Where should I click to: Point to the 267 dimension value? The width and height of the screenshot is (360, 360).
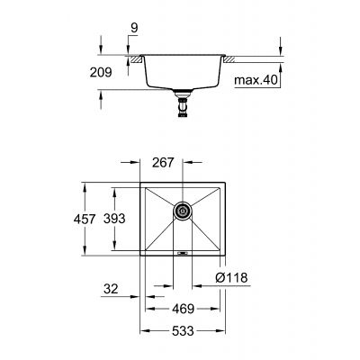pyautogui.click(x=162, y=164)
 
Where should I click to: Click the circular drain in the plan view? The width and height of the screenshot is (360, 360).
pyautogui.click(x=183, y=211)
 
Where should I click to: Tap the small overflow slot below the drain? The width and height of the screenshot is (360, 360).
pyautogui.click(x=183, y=255)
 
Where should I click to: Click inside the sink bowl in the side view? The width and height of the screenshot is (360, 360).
pyautogui.click(x=184, y=72)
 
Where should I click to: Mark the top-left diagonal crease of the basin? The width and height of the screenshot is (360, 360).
pyautogui.click(x=158, y=199)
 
